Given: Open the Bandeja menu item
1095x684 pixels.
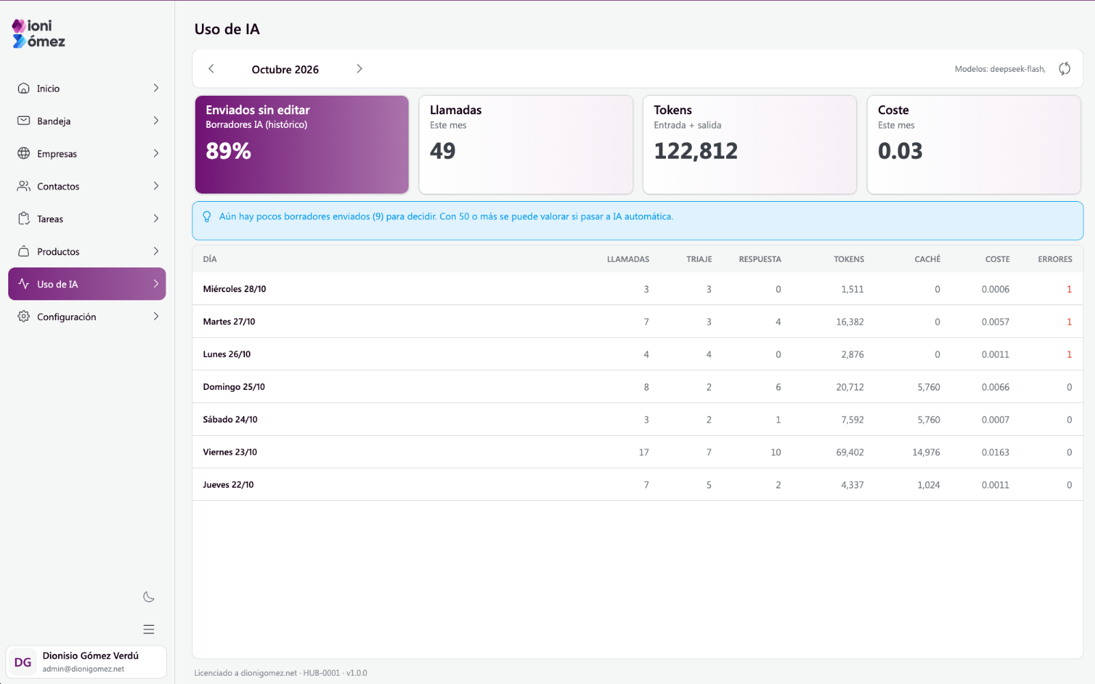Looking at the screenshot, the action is (x=87, y=120).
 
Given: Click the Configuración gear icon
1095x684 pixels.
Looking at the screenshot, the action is (x=23, y=317).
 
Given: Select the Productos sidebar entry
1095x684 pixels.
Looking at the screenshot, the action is (x=87, y=251).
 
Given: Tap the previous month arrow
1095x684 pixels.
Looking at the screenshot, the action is (x=211, y=69).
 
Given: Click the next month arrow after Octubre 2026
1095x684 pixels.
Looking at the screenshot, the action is (x=359, y=69).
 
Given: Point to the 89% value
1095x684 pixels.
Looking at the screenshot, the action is (x=229, y=151).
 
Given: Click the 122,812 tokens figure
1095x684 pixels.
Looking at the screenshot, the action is (x=695, y=151).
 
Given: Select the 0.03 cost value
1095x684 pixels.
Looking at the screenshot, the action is (x=900, y=151).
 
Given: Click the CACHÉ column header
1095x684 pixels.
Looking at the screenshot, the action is (x=927, y=259).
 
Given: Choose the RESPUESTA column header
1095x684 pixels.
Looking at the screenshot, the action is (x=760, y=259).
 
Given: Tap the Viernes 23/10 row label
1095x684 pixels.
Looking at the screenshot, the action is (x=230, y=452).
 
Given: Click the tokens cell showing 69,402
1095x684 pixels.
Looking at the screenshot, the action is (x=849, y=452).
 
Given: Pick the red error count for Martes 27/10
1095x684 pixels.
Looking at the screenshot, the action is (x=1069, y=322).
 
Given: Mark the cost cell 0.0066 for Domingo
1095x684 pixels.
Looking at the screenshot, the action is (x=995, y=387).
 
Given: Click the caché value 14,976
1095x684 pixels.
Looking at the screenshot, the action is (x=926, y=452).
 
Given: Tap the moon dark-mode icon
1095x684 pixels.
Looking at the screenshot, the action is (x=149, y=597).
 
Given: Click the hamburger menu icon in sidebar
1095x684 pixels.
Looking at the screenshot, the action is (x=149, y=629).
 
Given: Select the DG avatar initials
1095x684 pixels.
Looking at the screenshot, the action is (x=23, y=663).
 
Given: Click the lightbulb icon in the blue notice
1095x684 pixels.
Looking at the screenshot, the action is (x=207, y=216).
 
